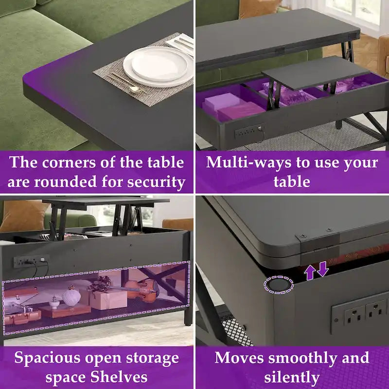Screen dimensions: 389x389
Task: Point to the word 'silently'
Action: [292, 377]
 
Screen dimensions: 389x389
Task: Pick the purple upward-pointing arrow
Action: [310, 272]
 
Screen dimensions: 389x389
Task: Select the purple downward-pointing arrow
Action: [323, 269]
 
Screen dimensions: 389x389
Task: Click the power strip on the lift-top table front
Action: [250, 131]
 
